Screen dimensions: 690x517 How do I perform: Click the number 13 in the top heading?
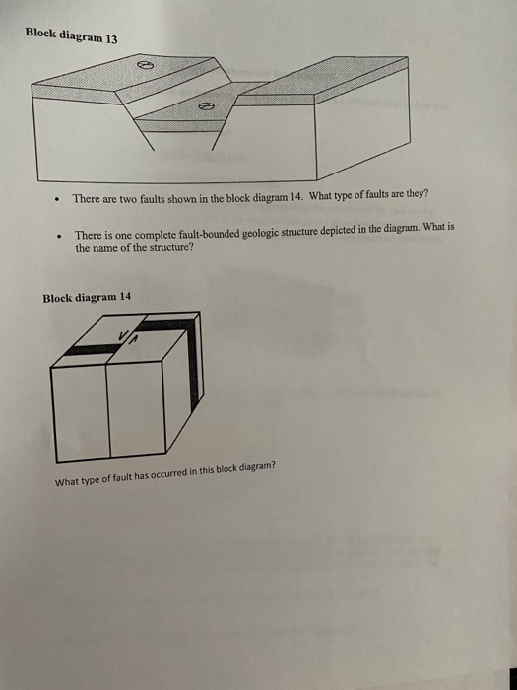click(110, 39)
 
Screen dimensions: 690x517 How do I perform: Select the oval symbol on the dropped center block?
click(207, 104)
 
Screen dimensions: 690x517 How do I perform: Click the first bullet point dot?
click(59, 200)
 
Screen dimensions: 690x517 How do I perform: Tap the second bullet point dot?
click(60, 238)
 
